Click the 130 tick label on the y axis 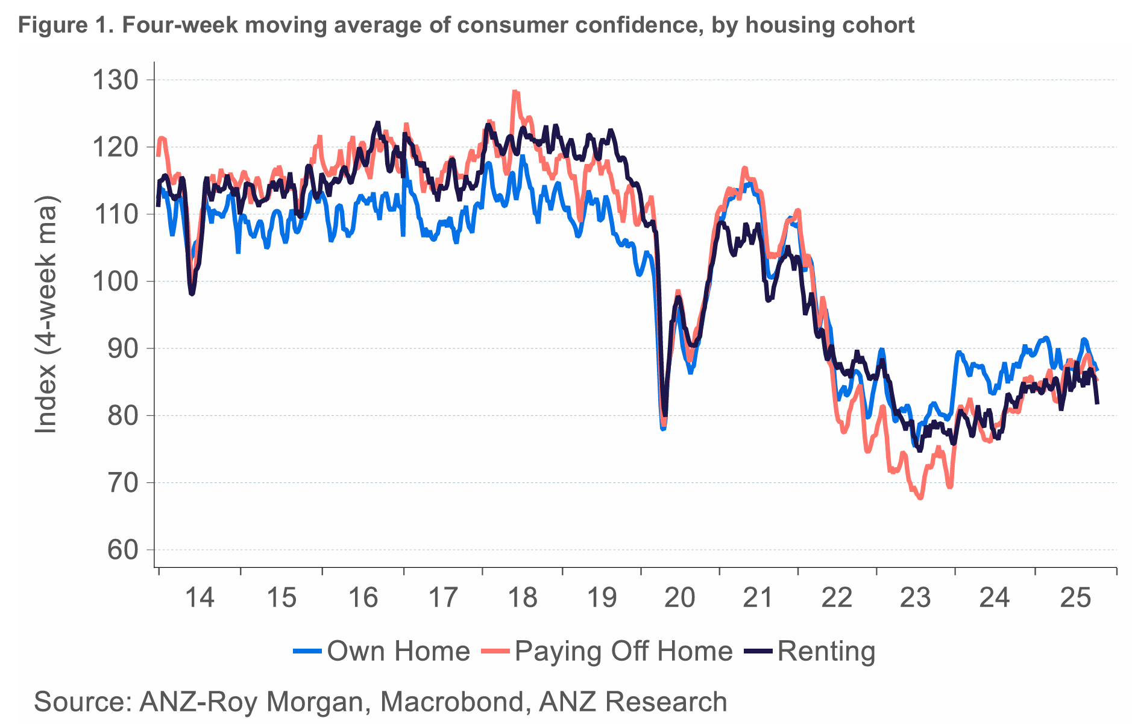pos(115,80)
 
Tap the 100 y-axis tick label pos(115,282)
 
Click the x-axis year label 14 pos(200,598)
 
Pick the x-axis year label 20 pos(679,598)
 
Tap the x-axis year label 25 pos(1075,598)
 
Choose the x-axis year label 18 pos(522,598)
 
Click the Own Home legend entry pos(398,651)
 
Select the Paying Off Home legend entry pos(623,651)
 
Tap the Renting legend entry pos(826,651)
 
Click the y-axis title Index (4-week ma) pos(46,314)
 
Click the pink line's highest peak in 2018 pos(515,92)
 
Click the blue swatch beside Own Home pos(307,651)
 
